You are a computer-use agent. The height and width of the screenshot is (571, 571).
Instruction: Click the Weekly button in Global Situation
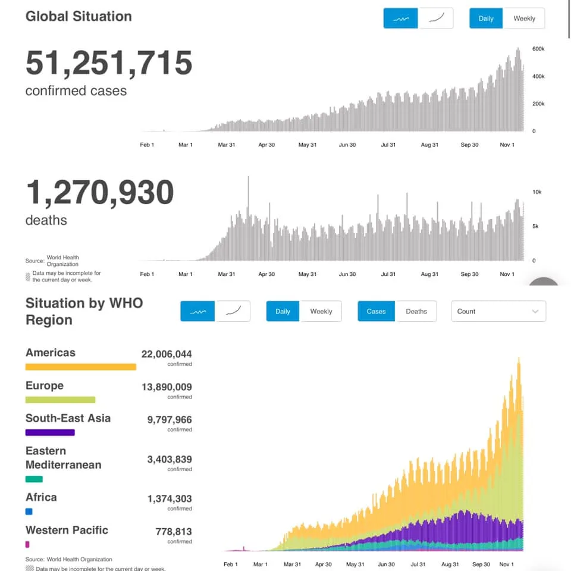click(x=523, y=18)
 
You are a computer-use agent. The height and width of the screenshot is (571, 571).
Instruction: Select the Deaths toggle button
click(x=416, y=311)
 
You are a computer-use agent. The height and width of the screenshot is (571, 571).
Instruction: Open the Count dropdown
click(x=498, y=311)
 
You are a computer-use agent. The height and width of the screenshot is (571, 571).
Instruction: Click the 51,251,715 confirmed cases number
click(x=109, y=63)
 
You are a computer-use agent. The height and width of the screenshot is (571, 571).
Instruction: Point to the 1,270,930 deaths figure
click(x=100, y=192)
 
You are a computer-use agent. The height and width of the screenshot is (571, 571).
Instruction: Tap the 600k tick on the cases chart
click(x=538, y=49)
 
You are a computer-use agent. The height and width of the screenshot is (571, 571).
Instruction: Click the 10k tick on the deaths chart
click(x=537, y=192)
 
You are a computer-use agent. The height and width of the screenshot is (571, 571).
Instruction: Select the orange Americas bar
click(x=81, y=367)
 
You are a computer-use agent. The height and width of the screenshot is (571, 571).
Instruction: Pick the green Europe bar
click(x=61, y=400)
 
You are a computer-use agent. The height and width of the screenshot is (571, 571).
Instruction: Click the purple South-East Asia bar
click(x=50, y=432)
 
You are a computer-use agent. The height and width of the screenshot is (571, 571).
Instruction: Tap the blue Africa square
click(x=29, y=512)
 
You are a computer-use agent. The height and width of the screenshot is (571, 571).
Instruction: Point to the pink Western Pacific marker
click(x=27, y=544)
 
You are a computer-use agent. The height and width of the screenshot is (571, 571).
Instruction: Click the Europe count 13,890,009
click(x=167, y=387)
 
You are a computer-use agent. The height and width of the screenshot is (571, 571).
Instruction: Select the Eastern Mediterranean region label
click(x=64, y=458)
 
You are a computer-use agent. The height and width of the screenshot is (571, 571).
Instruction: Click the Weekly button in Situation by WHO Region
click(x=321, y=311)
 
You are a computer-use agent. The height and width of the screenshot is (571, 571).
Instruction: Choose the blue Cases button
click(x=376, y=311)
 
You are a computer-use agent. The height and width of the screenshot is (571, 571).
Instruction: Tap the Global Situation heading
click(x=79, y=17)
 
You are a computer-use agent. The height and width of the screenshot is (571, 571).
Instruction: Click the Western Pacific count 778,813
click(x=174, y=532)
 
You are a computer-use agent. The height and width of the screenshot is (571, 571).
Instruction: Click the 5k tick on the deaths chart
click(x=535, y=226)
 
